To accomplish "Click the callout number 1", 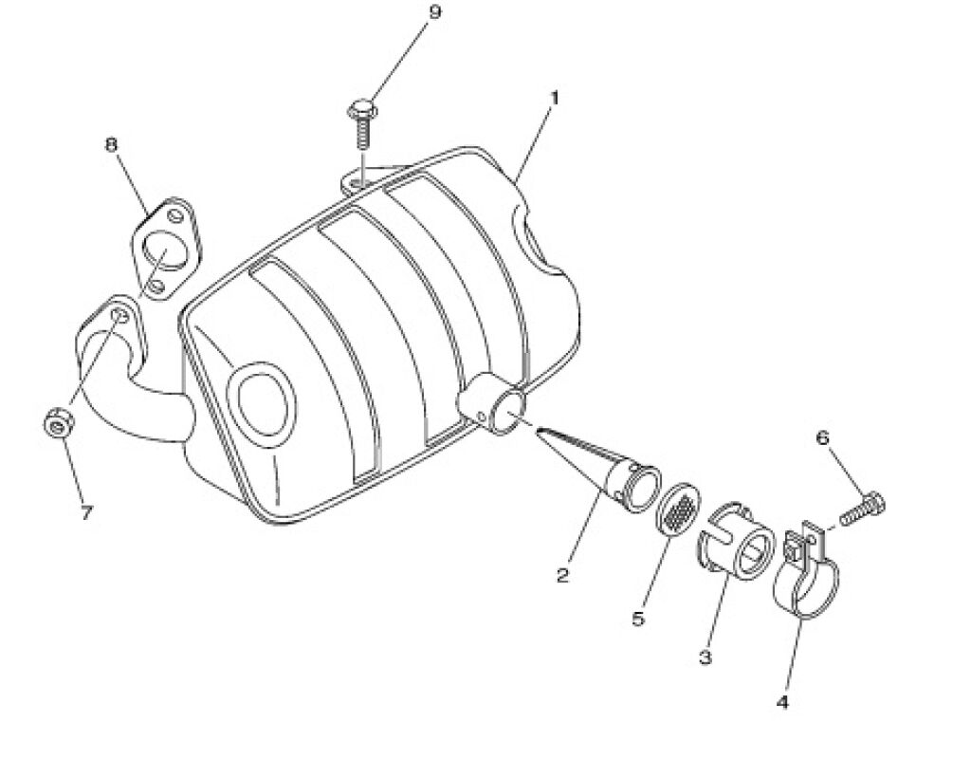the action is click(x=554, y=98).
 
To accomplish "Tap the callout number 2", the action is click(x=562, y=576).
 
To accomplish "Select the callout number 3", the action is click(x=705, y=657).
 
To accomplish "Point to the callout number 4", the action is click(x=782, y=702).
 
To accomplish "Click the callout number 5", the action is click(x=638, y=619).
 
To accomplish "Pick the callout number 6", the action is click(x=822, y=438).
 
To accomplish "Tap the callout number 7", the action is click(x=86, y=512).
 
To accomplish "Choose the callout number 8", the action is click(x=111, y=144).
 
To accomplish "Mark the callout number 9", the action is click(x=435, y=12).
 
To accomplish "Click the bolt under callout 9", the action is click(x=362, y=123).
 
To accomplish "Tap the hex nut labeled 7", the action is click(x=59, y=423).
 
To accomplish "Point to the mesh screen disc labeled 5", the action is click(x=678, y=507).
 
